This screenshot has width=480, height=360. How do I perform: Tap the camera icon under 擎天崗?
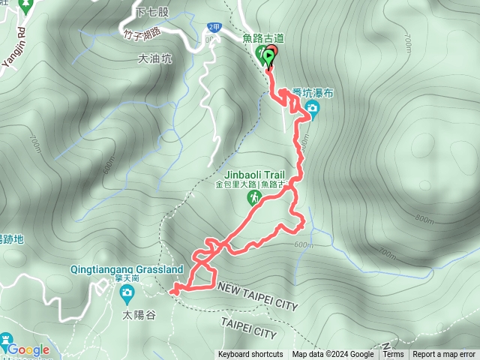127,292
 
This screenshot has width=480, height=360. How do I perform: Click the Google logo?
28,349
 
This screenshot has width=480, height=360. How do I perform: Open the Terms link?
393,355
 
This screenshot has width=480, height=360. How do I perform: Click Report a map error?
445,355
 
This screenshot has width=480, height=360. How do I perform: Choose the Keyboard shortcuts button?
250,355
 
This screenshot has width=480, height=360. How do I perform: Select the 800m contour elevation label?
424,220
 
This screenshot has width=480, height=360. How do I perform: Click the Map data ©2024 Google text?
333,355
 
